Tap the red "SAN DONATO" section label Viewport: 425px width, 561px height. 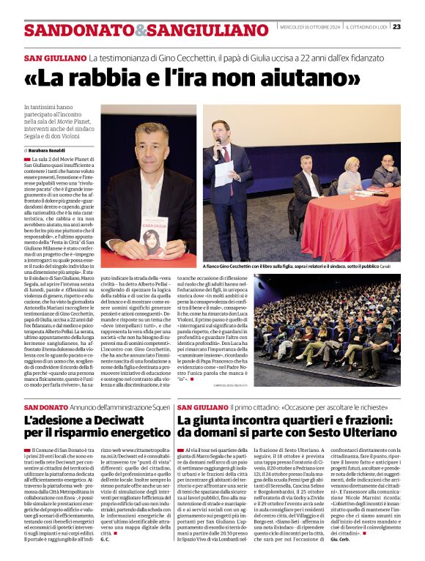pos(48,407)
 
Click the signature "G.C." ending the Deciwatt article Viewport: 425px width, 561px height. pos(106,540)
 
